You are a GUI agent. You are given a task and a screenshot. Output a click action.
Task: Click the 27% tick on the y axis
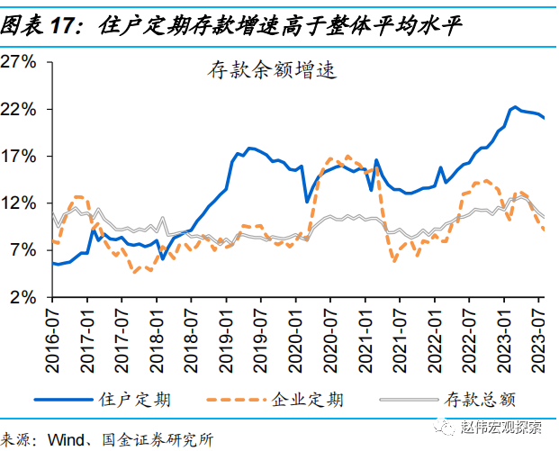[19, 62]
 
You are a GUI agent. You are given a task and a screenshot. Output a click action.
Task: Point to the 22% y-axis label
[19, 109]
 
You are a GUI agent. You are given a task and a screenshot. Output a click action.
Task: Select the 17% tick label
[19, 156]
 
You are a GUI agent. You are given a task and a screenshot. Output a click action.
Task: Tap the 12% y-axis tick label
[19, 203]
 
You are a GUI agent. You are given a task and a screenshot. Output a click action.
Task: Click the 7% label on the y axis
[23, 249]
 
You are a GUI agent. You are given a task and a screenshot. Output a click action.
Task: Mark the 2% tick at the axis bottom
[23, 296]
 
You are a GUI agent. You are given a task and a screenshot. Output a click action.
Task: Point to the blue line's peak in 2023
[514, 107]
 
